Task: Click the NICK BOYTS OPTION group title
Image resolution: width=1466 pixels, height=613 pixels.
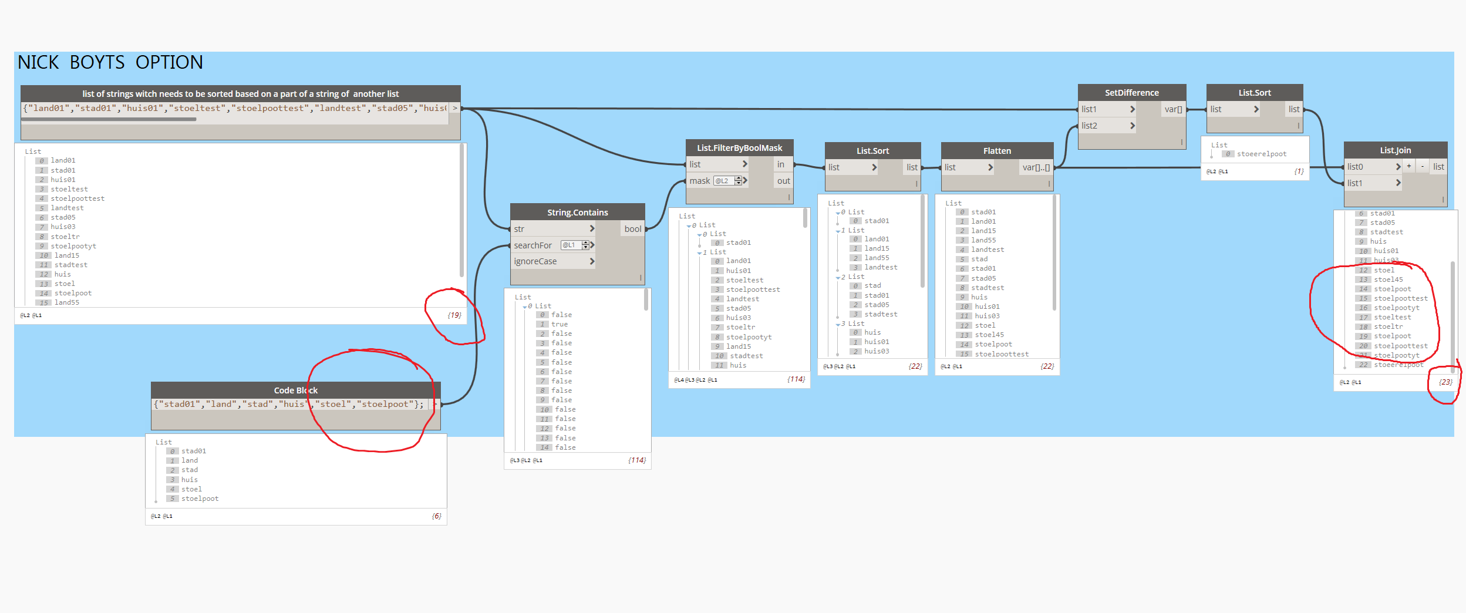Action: click(x=110, y=62)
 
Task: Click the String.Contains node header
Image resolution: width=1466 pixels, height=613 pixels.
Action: click(x=577, y=213)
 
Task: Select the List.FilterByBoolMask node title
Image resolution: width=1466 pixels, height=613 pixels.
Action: click(x=739, y=148)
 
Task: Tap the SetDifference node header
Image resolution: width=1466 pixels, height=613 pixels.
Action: click(x=1131, y=93)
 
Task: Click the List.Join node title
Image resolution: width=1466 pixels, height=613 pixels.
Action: click(x=1395, y=150)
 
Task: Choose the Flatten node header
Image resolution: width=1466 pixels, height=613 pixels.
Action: click(x=997, y=151)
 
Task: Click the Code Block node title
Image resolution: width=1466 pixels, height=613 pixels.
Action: click(x=295, y=390)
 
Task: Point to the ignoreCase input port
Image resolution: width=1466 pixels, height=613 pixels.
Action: click(x=535, y=261)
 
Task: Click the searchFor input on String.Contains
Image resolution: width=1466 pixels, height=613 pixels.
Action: click(x=533, y=245)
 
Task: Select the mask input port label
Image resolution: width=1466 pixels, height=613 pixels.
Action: click(x=699, y=181)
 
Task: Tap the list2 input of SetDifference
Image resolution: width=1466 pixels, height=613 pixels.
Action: click(x=1090, y=126)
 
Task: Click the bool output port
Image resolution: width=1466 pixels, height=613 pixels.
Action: click(x=632, y=229)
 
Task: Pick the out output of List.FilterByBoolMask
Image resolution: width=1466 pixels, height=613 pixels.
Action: click(x=783, y=181)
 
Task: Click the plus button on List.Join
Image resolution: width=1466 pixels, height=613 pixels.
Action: click(x=1408, y=167)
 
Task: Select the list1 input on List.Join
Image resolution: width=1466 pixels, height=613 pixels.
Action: click(x=1355, y=183)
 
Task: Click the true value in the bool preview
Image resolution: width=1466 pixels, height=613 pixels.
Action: click(x=559, y=324)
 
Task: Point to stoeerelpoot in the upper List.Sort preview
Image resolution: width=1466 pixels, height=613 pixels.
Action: click(x=1261, y=154)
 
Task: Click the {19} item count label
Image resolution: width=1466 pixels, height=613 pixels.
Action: click(x=454, y=315)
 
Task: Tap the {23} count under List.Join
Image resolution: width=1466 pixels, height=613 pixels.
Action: click(x=1445, y=382)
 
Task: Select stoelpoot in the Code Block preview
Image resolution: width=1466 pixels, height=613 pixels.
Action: click(x=200, y=499)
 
